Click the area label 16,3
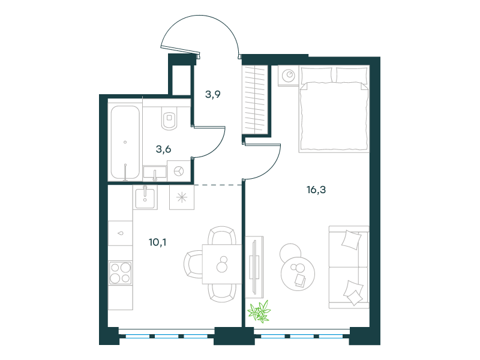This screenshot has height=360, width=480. tap(316, 190)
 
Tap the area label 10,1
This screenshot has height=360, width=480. tap(157, 242)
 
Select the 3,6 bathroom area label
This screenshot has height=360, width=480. tap(163, 149)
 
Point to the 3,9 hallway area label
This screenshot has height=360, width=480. tap(213, 94)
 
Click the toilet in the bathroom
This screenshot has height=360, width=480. tap(169, 118)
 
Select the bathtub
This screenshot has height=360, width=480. tap(125, 143)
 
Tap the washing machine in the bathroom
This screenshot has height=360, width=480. tap(179, 171)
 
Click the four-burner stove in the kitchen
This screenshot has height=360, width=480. tap(121, 273)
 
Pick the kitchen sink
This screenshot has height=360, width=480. tap(145, 198)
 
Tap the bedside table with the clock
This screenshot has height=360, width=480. tap(289, 76)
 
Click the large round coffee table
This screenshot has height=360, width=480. tap(298, 274)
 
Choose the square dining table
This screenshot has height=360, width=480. tap(221, 264)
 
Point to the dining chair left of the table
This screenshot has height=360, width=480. tap(193, 264)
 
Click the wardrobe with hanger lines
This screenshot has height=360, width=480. tap(254, 100)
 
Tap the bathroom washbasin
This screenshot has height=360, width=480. tap(155, 173)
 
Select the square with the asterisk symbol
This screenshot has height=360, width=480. tap(182, 197)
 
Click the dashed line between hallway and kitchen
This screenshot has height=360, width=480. tap(218, 185)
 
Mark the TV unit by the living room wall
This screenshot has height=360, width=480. tap(254, 267)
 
